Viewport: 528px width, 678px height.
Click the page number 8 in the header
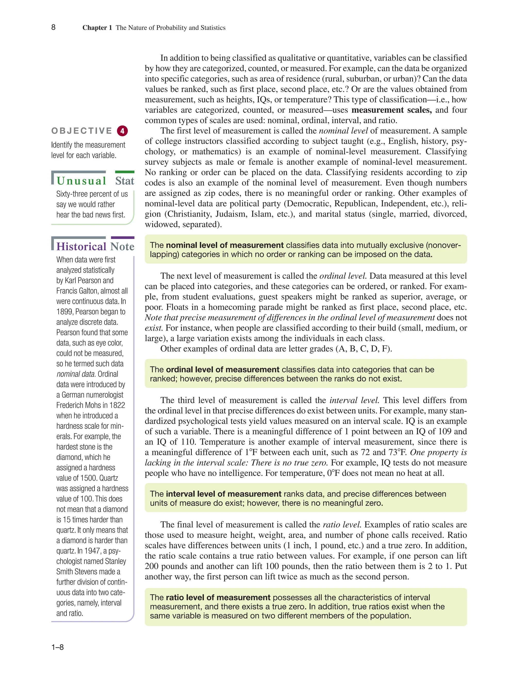point(53,27)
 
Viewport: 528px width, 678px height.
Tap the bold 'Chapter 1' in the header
point(97,28)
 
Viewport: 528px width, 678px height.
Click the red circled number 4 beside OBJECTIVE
point(122,131)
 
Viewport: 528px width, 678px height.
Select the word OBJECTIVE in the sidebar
point(82,131)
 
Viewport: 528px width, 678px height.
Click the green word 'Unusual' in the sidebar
point(81,181)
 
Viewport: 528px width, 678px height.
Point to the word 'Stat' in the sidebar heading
point(125,181)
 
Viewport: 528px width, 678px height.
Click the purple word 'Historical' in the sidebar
point(81,247)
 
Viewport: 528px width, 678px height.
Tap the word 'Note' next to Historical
point(122,247)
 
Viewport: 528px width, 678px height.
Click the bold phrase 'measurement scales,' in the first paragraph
point(391,110)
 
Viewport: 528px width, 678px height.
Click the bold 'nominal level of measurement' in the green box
point(225,245)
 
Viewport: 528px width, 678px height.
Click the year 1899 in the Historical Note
point(64,312)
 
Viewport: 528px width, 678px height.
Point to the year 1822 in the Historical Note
point(117,405)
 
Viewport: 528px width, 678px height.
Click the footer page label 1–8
point(57,647)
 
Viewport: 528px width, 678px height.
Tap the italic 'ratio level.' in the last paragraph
point(342,525)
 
